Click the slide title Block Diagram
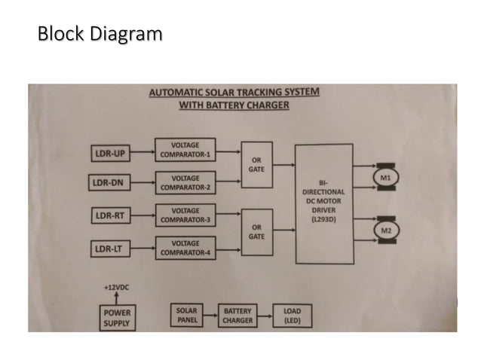(x=100, y=34)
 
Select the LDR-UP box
(x=110, y=154)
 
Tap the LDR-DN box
(x=110, y=183)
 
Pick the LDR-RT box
(x=110, y=216)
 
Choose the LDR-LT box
(x=110, y=248)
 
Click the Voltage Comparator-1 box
(x=185, y=150)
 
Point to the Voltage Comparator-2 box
(x=185, y=183)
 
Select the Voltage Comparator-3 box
(x=185, y=215)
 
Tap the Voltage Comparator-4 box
(x=185, y=248)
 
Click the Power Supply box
(x=117, y=318)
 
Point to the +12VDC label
(x=116, y=287)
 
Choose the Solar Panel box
(x=187, y=316)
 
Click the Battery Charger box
(x=237, y=316)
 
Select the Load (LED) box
(x=292, y=316)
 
